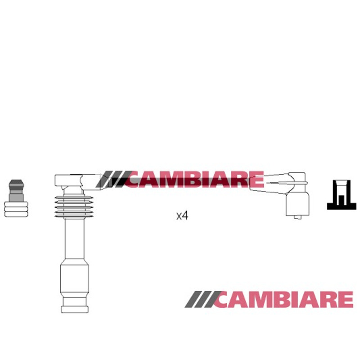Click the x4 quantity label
182,216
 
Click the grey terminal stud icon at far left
16,198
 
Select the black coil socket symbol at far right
342,195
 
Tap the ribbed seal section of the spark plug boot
74,207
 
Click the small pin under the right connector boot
298,217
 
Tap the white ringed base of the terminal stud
16,209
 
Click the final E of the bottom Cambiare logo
345,299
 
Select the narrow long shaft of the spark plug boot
75,239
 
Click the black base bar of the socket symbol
342,206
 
